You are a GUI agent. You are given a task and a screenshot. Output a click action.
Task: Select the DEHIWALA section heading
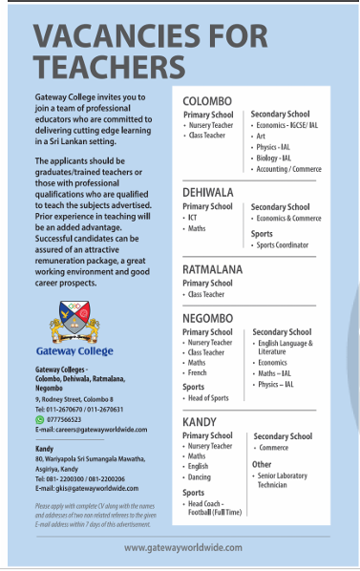(210, 192)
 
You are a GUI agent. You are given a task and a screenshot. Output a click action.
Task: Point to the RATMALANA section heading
(213, 269)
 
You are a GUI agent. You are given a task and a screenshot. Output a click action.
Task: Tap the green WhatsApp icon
(39, 419)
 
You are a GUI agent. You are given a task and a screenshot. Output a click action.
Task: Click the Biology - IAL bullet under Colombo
(277, 159)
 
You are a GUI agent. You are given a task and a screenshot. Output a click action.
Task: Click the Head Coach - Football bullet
(215, 509)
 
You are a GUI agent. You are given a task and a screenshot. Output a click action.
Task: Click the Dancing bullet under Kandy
(200, 476)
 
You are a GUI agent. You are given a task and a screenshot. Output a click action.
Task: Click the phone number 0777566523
(66, 419)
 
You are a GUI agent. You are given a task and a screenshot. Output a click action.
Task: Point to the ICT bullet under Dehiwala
(194, 218)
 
